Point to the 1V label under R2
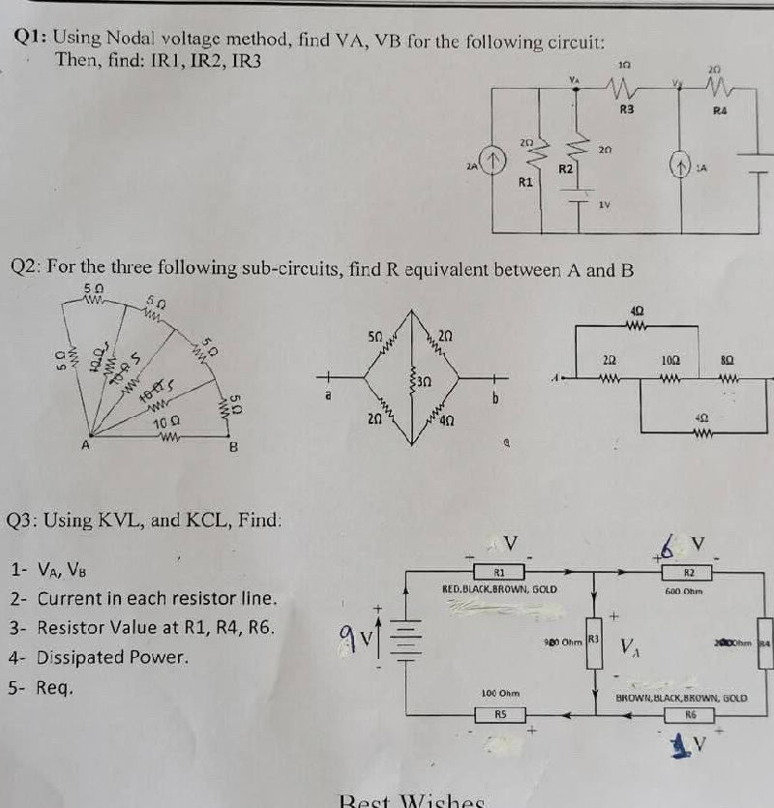[x=605, y=204]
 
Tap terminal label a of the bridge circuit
[x=330, y=396]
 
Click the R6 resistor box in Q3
[x=691, y=715]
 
